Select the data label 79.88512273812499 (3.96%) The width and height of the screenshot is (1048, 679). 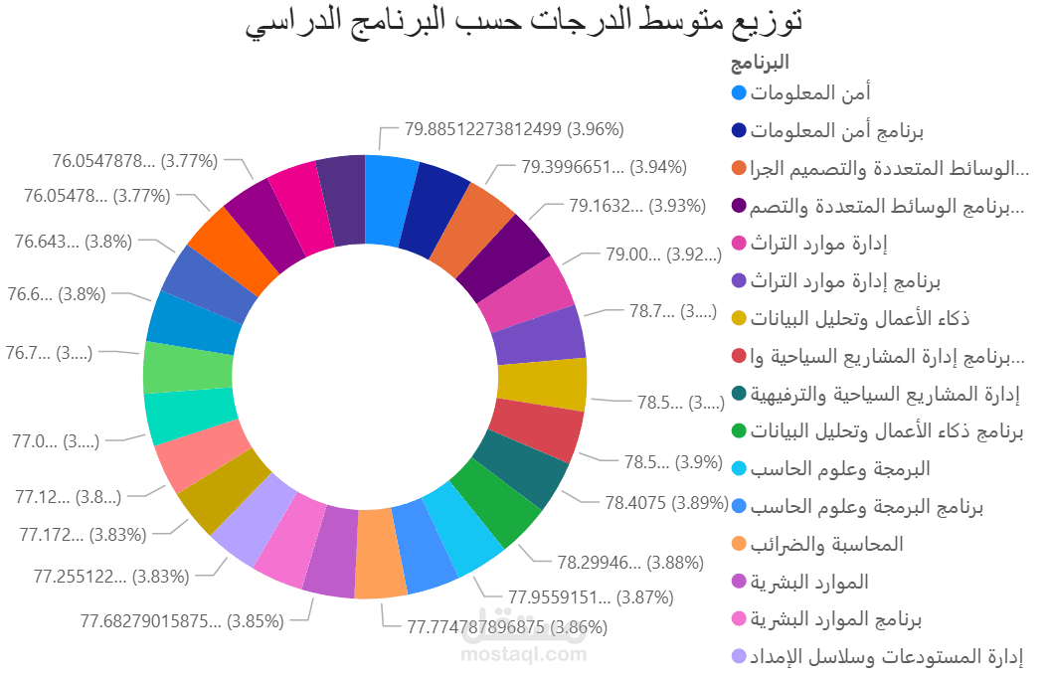pos(514,128)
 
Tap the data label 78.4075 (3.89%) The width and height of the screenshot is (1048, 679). pos(666,503)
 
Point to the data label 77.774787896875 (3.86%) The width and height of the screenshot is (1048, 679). pos(507,627)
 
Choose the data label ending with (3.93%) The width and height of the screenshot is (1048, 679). pos(637,207)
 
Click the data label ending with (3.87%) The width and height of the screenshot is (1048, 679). pos(591,597)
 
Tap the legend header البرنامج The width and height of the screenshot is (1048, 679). pos(760,63)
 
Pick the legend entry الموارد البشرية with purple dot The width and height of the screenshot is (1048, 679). pos(809,582)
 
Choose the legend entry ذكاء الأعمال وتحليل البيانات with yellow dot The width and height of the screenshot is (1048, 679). pos(861,319)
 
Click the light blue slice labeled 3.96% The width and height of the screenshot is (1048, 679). pos(391,198)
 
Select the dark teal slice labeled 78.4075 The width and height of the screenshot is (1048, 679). pos(521,468)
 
